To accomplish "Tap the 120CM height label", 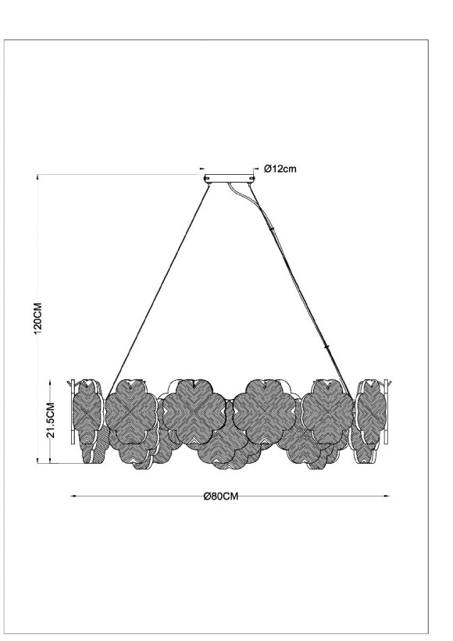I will (x=37, y=319).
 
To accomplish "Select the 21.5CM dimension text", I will (x=50, y=422).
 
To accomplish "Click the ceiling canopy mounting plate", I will (x=228, y=179).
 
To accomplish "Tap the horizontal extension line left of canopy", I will (x=117, y=173).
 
